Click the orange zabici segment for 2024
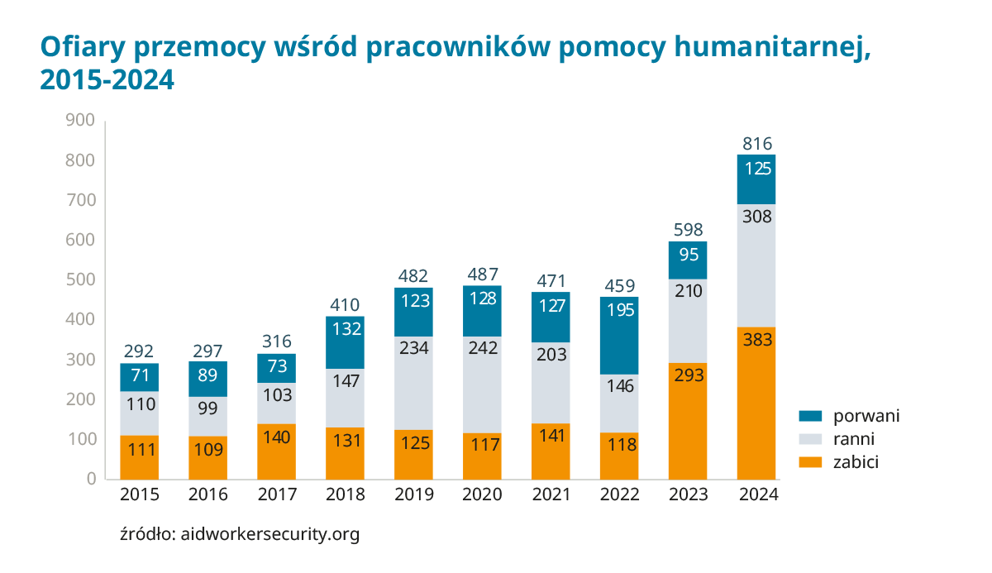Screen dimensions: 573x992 pos(756,403)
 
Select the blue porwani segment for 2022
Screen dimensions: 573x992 pos(619,335)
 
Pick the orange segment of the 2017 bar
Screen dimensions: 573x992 pos(276,451)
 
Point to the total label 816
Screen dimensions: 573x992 pos(756,144)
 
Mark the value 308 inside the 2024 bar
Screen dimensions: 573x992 pos(756,217)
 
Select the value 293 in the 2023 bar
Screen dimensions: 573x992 pos(688,375)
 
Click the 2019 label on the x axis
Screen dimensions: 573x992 pos(413,495)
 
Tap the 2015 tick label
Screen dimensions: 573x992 pos(139,495)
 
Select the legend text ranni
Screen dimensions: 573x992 pos(853,439)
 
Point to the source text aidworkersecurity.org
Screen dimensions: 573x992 pos(269,534)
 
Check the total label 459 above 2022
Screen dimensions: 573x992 pos(619,286)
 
